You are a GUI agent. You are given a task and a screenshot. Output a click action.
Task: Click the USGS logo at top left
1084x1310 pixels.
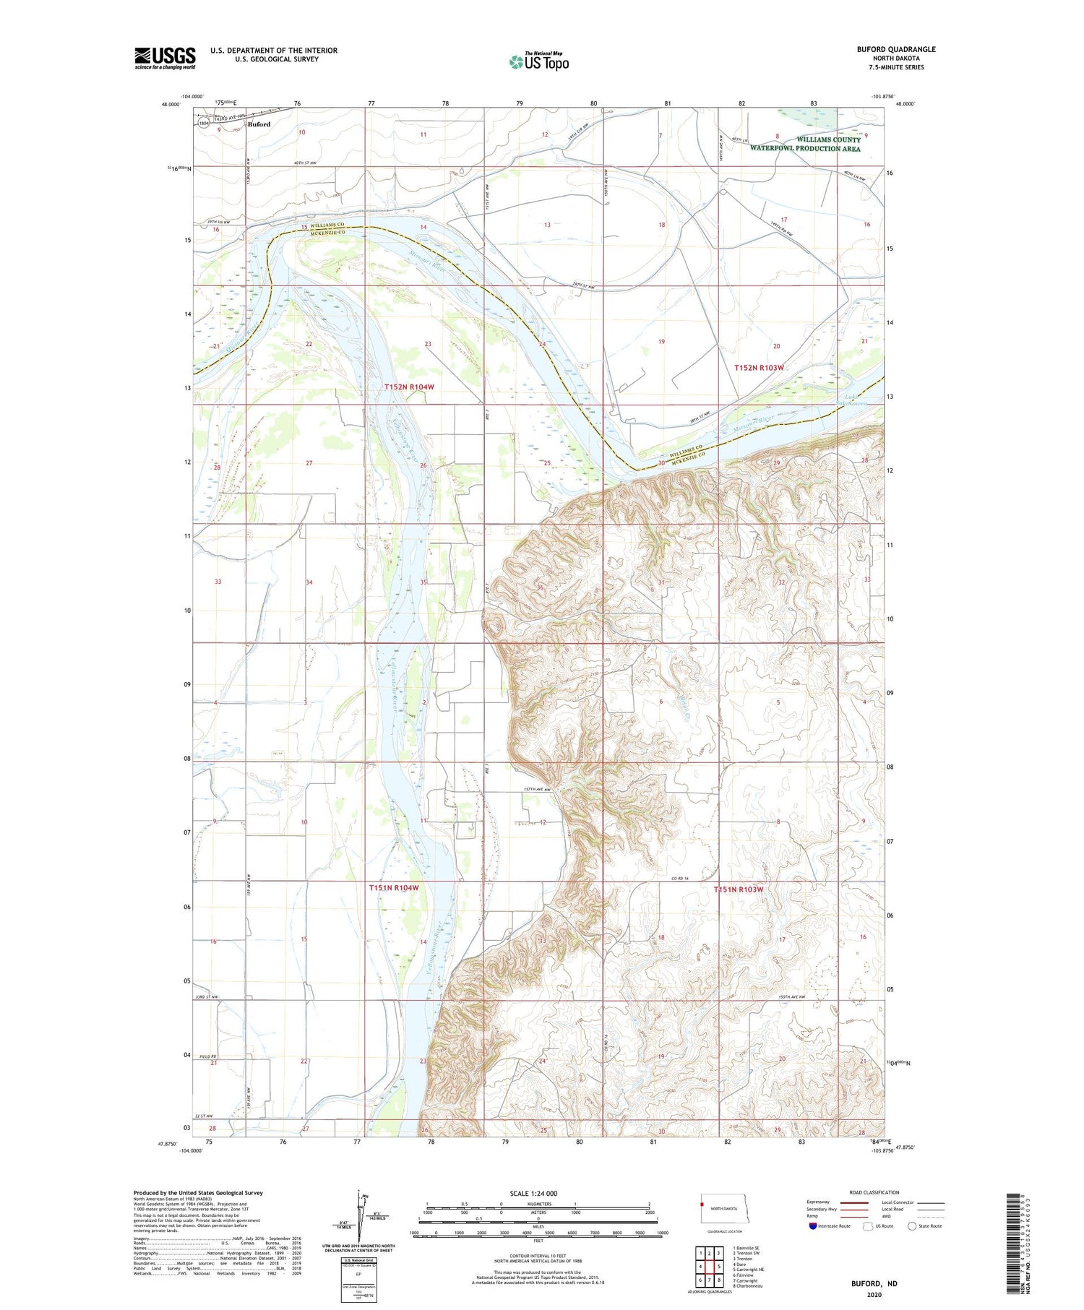coord(165,58)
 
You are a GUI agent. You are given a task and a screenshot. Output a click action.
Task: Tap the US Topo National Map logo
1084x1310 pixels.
coord(538,61)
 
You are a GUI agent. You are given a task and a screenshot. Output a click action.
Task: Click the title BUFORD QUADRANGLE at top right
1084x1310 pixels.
coord(895,49)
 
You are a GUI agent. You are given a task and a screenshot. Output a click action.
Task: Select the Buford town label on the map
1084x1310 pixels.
coord(259,124)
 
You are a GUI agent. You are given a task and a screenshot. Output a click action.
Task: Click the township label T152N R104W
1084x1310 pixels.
coord(409,387)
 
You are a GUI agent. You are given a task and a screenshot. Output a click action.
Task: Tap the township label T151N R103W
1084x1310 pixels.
coord(739,889)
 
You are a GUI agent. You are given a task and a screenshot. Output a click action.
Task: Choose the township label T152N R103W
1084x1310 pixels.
coord(759,368)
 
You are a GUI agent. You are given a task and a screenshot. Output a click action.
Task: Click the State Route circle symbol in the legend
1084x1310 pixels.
coord(912,1226)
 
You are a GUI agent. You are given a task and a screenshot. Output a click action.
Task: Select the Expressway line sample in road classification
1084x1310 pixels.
coord(853,1202)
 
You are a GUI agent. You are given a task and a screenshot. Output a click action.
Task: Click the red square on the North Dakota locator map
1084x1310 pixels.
coord(702,1205)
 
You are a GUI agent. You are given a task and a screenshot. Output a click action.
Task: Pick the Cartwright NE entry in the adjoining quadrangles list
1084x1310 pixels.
coord(749,1270)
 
